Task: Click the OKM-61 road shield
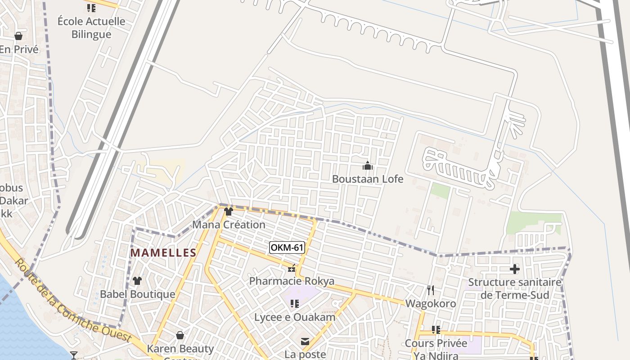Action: coord(287,247)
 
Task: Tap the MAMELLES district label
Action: coord(163,253)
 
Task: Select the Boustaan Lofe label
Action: coord(368,179)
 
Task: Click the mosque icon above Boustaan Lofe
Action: coord(368,166)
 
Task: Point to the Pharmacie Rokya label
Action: coord(292,281)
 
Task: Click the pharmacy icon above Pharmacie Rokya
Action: coord(292,269)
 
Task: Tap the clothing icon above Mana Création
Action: coord(229,211)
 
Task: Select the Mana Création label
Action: coord(229,225)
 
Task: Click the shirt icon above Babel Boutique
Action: coord(137,281)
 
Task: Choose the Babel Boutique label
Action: coord(137,294)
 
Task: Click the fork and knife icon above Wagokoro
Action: coord(431,290)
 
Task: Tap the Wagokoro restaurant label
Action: coord(431,304)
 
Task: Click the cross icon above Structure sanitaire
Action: coord(515,269)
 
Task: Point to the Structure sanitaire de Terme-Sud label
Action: coord(515,288)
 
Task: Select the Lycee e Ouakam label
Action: coord(295,317)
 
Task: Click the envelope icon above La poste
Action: coord(305,342)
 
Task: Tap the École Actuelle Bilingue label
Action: coord(91,27)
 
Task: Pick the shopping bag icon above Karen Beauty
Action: coord(180,335)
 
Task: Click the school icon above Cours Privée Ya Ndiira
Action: coord(436,330)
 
